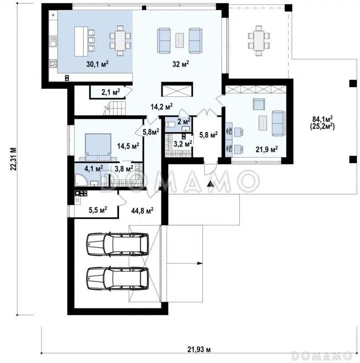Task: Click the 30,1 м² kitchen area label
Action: point(97,64)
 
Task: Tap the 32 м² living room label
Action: point(181,64)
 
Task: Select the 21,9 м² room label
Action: point(266,149)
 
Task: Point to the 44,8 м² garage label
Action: point(142,211)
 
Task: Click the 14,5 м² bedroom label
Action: point(128,146)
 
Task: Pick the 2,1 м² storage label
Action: point(110,92)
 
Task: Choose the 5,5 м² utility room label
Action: point(98,210)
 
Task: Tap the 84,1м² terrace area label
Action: point(322,119)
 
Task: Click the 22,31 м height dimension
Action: point(14,159)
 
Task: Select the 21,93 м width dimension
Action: point(199,349)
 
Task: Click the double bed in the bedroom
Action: point(98,147)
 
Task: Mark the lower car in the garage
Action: point(118,279)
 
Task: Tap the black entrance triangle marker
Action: point(210,184)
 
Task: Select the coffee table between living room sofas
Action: point(179,40)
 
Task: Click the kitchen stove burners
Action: point(53,64)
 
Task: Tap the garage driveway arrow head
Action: point(200,263)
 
